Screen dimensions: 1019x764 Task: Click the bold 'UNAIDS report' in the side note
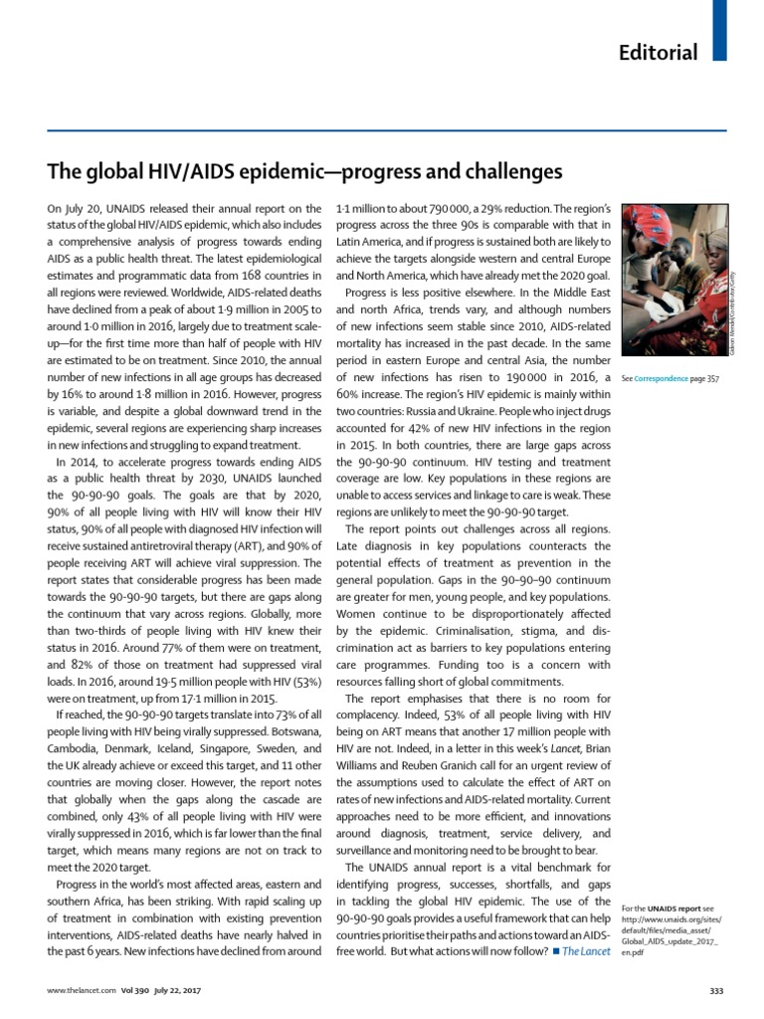673,909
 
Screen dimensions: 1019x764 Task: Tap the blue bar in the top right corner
720,28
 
